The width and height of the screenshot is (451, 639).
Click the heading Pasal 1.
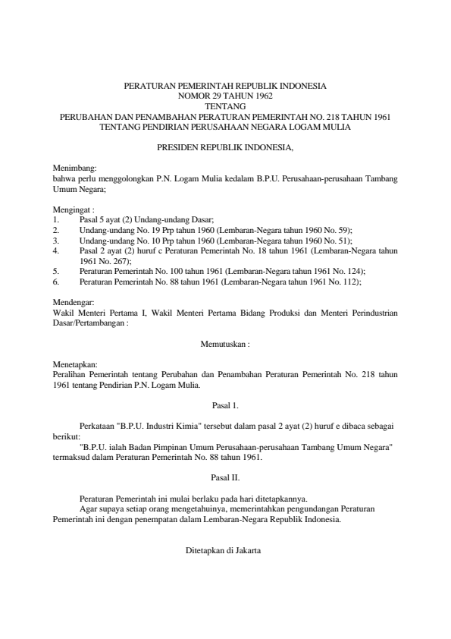tap(225, 406)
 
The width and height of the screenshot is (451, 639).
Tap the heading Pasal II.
tap(225, 478)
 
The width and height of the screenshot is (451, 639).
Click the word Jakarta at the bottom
tap(246, 550)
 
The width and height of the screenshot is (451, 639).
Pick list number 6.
tap(55, 281)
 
